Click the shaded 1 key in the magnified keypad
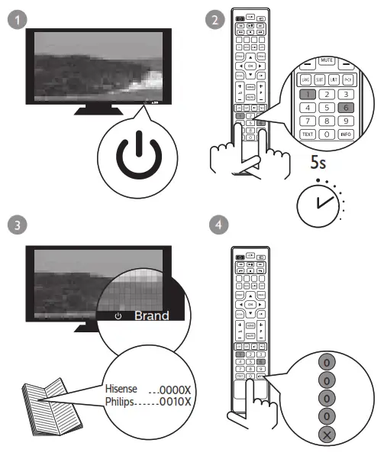click(306, 94)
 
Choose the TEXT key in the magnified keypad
click(307, 134)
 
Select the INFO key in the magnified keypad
click(347, 134)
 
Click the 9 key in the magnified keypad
click(347, 120)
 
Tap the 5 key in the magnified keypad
click(327, 107)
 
